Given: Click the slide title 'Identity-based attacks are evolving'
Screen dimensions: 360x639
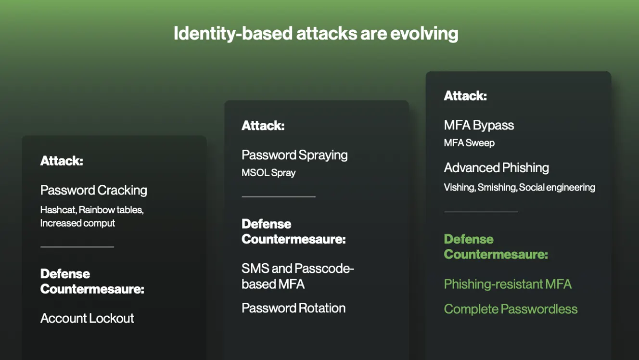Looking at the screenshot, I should (x=316, y=34).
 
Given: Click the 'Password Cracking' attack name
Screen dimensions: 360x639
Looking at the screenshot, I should (x=94, y=190).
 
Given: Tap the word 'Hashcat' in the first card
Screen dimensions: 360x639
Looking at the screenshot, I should (x=57, y=210).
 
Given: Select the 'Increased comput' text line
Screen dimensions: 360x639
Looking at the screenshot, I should (x=77, y=223).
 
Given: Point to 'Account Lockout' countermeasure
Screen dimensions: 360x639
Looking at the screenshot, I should (x=87, y=318).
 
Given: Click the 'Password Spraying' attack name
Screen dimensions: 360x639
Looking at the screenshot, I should (x=294, y=155).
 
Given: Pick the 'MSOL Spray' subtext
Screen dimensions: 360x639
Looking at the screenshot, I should (x=268, y=173).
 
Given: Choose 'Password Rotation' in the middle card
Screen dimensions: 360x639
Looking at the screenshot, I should (x=294, y=308).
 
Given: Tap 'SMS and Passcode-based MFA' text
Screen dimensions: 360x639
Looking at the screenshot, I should (x=297, y=276).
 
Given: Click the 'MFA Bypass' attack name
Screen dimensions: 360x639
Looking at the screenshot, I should (x=479, y=125).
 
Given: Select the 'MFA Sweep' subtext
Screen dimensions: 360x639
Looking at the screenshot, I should (x=469, y=143).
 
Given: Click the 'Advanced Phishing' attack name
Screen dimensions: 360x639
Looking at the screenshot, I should (x=496, y=167).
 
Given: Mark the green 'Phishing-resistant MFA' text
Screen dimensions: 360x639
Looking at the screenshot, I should (x=508, y=284).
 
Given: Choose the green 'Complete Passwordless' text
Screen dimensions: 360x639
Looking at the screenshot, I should (x=511, y=309).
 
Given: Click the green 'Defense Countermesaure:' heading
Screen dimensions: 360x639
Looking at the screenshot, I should (x=496, y=246).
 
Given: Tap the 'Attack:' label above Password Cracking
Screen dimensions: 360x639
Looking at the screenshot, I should (x=62, y=161).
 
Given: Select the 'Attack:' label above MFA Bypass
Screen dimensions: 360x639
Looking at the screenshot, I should (x=465, y=96).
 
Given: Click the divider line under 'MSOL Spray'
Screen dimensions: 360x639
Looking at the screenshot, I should (x=279, y=196).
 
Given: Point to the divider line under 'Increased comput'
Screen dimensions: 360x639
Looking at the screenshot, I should (x=77, y=246).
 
